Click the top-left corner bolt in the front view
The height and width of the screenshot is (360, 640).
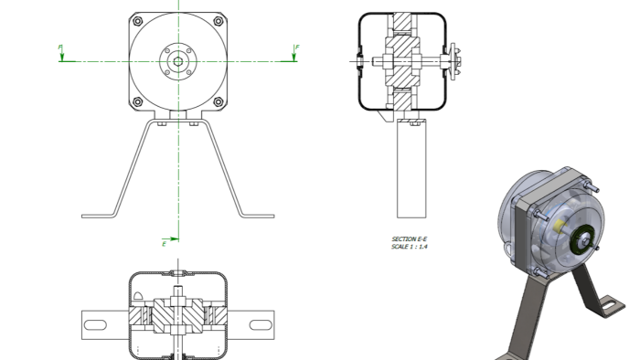[x=138, y=21]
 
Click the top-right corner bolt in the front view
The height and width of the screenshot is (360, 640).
[x=219, y=21]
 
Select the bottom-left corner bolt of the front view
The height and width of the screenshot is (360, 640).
[x=138, y=101]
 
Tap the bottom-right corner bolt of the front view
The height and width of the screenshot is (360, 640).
[x=219, y=101]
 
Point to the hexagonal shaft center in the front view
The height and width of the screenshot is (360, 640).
[x=178, y=61]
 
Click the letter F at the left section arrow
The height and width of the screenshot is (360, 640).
[x=60, y=48]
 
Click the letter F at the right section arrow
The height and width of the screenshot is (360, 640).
[x=297, y=48]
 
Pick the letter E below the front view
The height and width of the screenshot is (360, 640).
[x=164, y=244]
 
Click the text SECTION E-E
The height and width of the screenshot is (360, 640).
[x=409, y=238]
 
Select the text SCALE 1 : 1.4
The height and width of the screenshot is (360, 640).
[x=409, y=247]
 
